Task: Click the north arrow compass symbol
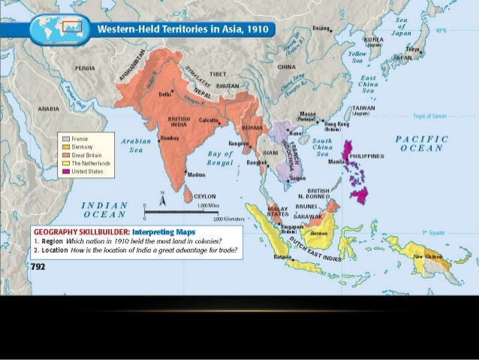click(163, 197)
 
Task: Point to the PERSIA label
click(85, 68)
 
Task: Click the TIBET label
click(218, 76)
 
